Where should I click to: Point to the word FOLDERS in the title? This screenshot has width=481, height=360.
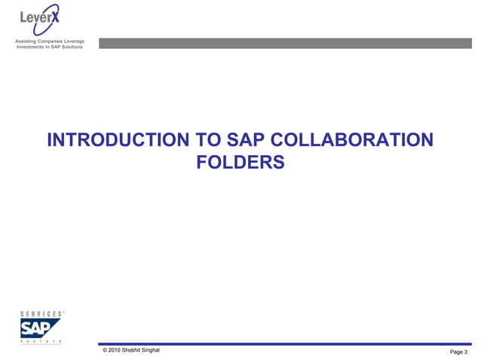click(240, 162)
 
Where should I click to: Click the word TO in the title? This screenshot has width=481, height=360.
click(207, 141)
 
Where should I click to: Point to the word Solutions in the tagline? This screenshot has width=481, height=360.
click(78, 47)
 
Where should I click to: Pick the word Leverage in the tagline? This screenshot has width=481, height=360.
click(81, 40)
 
